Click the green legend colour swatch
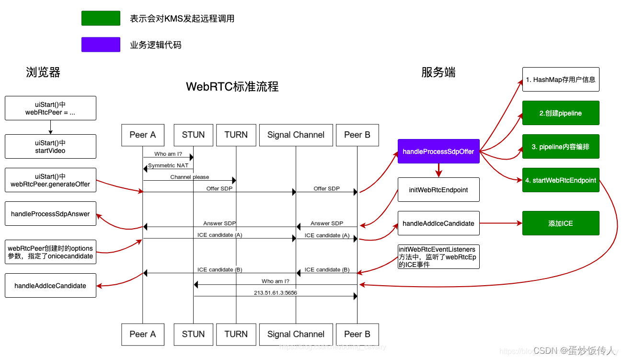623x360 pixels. [x=101, y=18]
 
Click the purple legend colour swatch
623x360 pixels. [x=101, y=45]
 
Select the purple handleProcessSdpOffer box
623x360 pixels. [x=438, y=151]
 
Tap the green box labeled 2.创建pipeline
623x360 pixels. [x=560, y=113]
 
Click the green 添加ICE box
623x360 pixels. [x=560, y=223]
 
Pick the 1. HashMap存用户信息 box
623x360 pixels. [x=560, y=80]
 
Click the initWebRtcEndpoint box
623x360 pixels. [x=438, y=190]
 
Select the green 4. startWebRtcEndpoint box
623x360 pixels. [x=560, y=180]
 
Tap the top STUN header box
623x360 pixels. [x=193, y=135]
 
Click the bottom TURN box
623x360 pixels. [x=236, y=334]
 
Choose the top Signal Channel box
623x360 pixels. [x=296, y=135]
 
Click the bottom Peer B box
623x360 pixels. [x=357, y=334]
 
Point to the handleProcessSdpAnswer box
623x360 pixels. [x=50, y=214]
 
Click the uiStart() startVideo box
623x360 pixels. [x=50, y=147]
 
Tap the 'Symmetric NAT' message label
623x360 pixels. [x=168, y=165]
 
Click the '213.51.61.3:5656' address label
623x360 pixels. [x=276, y=292]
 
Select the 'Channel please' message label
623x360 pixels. [x=190, y=177]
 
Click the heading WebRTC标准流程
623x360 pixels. [x=232, y=87]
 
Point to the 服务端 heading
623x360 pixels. [x=438, y=72]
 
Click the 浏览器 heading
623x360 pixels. [x=43, y=72]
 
